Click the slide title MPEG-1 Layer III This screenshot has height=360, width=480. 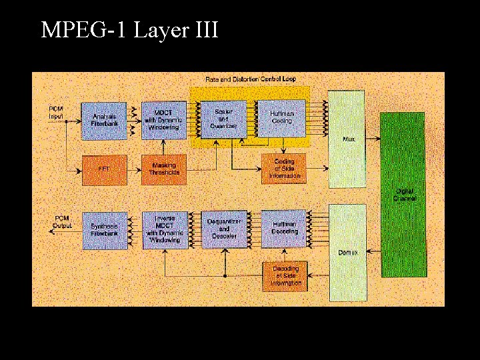(x=129, y=30)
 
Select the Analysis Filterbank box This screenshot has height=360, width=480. (x=104, y=121)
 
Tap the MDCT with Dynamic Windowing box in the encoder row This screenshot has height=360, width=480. (x=163, y=121)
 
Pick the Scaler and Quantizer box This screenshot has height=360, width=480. (x=223, y=119)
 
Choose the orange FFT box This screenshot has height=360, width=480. (x=104, y=170)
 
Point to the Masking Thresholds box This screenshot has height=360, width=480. (x=163, y=170)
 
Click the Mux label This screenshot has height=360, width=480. (x=347, y=139)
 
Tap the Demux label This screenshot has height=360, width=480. (x=347, y=253)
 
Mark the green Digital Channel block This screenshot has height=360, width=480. (x=403, y=194)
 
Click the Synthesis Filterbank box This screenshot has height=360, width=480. (x=104, y=231)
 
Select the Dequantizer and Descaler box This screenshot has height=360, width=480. (x=224, y=229)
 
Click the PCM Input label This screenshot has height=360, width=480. (x=56, y=113)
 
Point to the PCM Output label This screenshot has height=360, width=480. (x=61, y=222)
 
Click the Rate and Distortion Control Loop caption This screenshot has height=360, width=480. (x=251, y=79)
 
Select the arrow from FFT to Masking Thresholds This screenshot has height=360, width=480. (x=134, y=170)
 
